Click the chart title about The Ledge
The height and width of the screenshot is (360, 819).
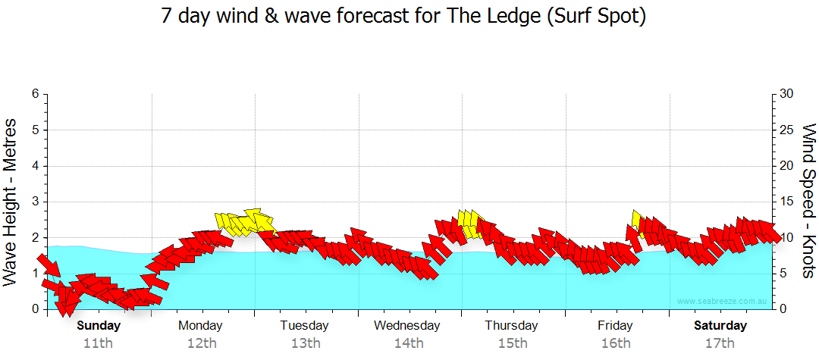pyautogui.click(x=403, y=17)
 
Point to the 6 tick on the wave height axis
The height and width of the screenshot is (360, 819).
pyautogui.click(x=34, y=94)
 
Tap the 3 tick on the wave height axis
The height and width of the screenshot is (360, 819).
pyautogui.click(x=34, y=202)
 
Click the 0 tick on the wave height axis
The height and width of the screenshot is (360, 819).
pyautogui.click(x=34, y=309)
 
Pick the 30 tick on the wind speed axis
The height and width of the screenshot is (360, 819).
pyautogui.click(x=787, y=94)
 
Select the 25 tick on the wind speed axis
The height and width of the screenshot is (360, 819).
pyautogui.click(x=787, y=130)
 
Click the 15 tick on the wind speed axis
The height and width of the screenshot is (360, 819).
pyautogui.click(x=787, y=202)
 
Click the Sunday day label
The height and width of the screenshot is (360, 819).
pyautogui.click(x=99, y=326)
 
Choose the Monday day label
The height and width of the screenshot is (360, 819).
pyautogui.click(x=200, y=326)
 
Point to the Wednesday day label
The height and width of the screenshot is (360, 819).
pyautogui.click(x=407, y=326)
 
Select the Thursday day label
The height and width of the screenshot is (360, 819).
pyautogui.click(x=512, y=326)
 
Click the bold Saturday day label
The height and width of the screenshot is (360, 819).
pyautogui.click(x=720, y=326)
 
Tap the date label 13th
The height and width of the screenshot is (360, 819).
pyautogui.click(x=305, y=343)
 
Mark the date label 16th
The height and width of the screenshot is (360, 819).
pyautogui.click(x=616, y=343)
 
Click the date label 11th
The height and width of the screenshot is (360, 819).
pyautogui.click(x=99, y=343)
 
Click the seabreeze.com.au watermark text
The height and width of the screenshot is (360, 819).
pyautogui.click(x=723, y=301)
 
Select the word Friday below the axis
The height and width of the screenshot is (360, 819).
pyautogui.click(x=615, y=326)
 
